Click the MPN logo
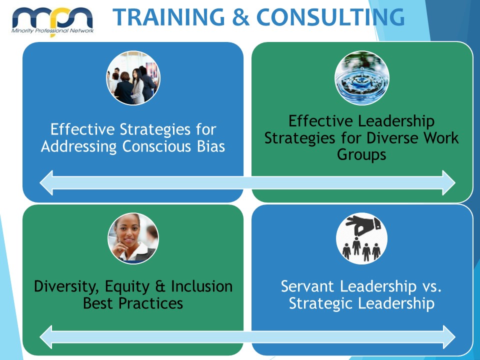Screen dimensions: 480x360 tap(52, 21)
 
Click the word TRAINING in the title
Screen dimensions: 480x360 tap(169, 17)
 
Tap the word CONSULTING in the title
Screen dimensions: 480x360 tap(330, 17)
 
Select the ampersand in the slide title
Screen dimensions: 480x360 tap(240, 17)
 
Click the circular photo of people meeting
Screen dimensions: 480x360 tap(133, 78)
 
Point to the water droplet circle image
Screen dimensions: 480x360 tap(362, 78)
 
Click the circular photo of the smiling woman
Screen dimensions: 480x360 tap(133, 238)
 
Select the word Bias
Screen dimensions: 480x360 tap(211, 146)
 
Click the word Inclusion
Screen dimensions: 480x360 tap(201, 286)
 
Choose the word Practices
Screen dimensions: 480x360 tap(150, 303)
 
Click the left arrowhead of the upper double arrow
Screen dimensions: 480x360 tap(46, 183)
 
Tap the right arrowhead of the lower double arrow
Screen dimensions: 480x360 tap(449, 337)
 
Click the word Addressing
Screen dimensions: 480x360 tap(79, 147)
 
